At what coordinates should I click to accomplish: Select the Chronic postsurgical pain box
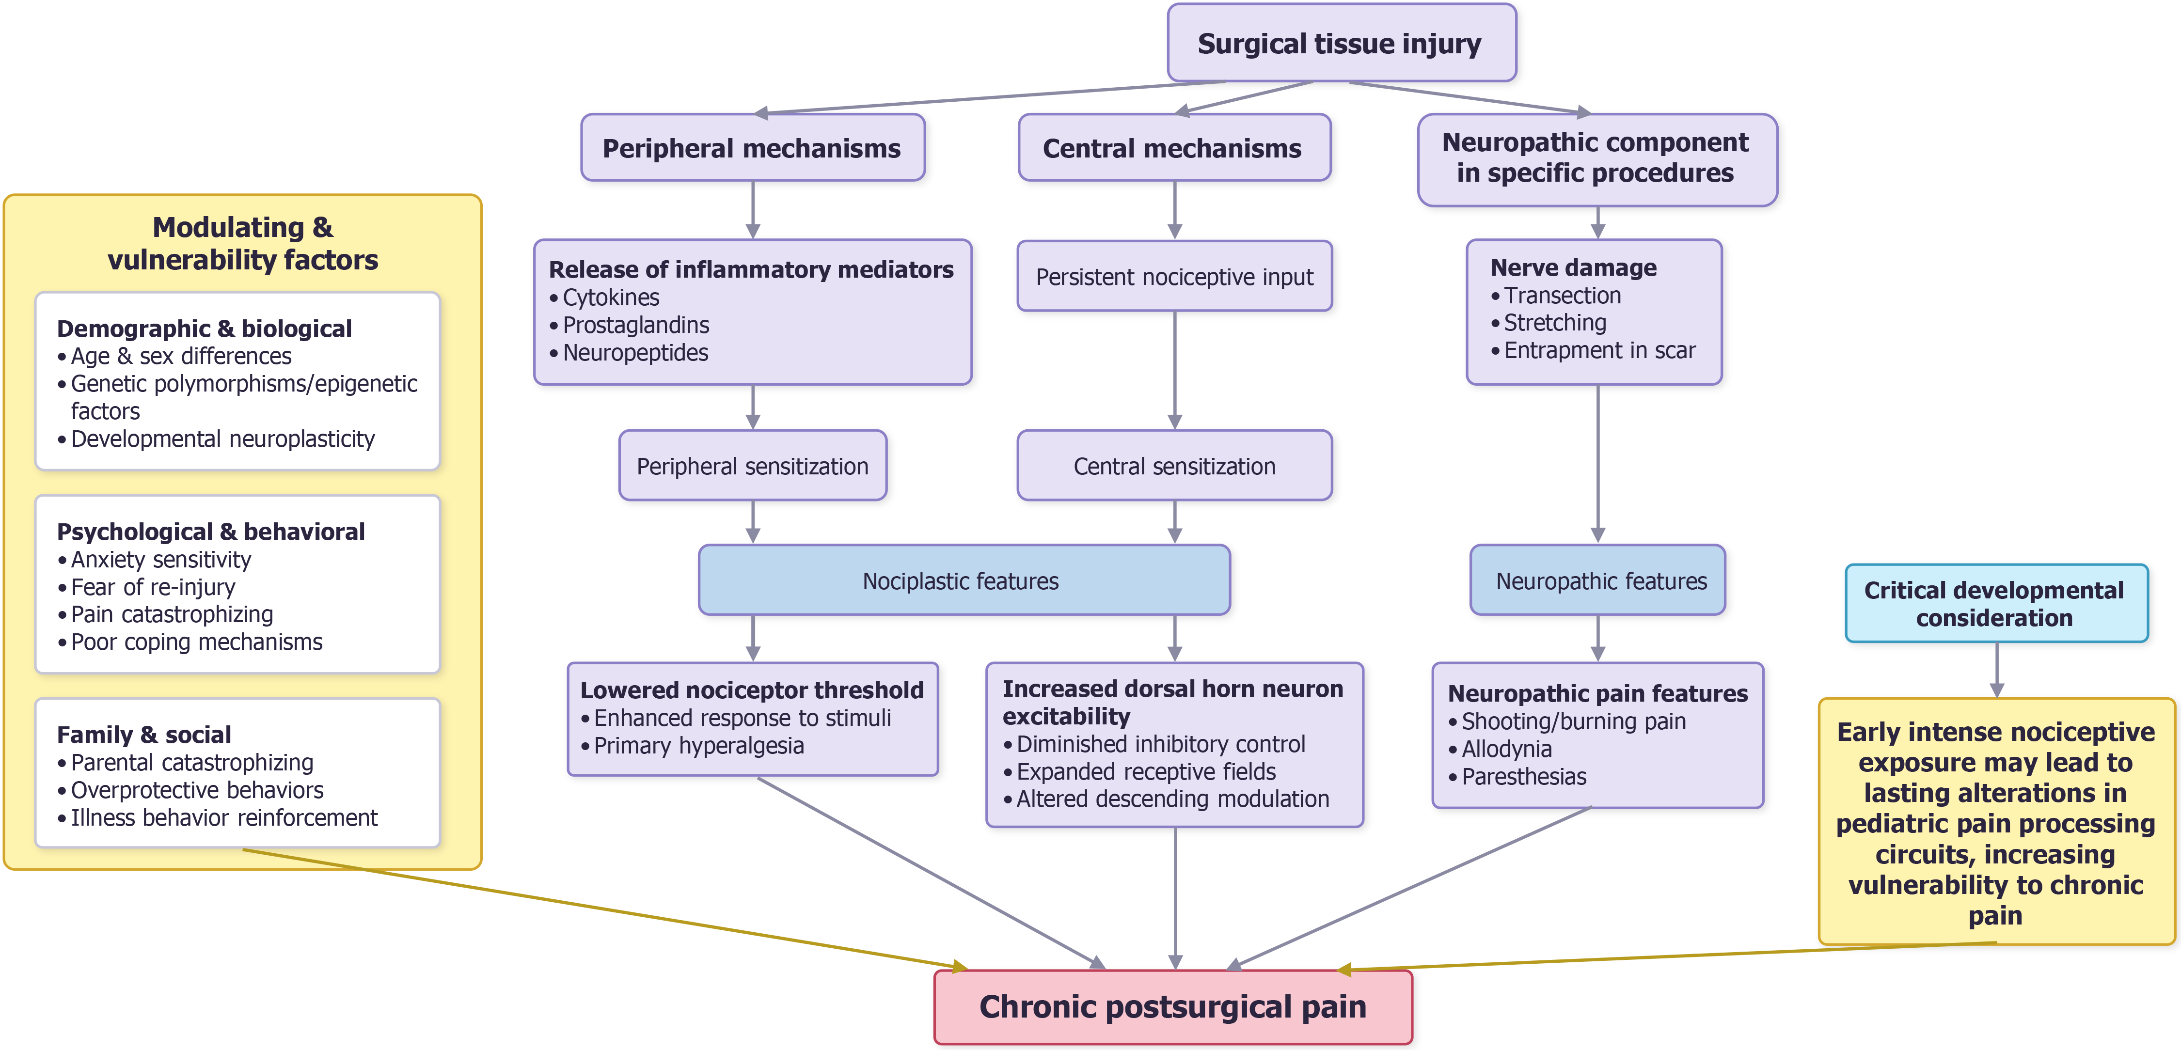(1173, 1007)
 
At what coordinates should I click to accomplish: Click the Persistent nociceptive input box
(1174, 277)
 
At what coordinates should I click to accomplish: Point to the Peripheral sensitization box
(753, 466)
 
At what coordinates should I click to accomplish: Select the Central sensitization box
(1174, 466)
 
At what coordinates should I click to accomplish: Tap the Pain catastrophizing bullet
(165, 615)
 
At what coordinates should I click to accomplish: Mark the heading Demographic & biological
(204, 329)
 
